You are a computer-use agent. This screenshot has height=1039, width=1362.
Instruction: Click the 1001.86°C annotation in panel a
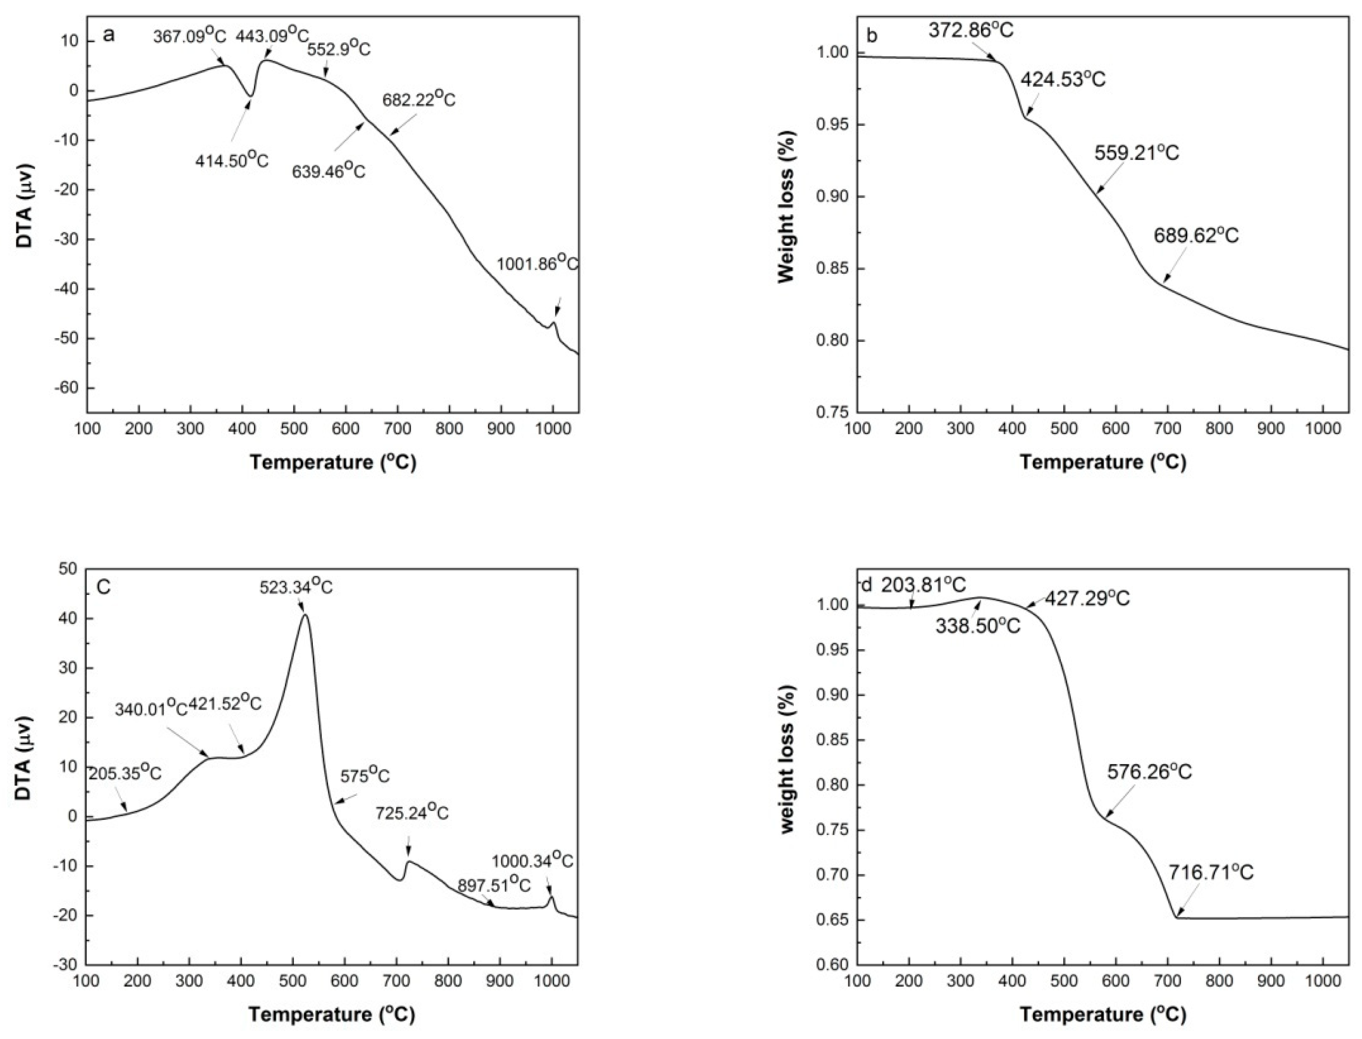point(537,264)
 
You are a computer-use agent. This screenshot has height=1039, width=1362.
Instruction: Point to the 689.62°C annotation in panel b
point(1196,235)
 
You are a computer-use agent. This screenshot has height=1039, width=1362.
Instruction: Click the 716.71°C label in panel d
point(1210,872)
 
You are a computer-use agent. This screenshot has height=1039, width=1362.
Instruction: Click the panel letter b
point(872,36)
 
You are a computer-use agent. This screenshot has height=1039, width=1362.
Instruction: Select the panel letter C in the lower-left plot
point(103,586)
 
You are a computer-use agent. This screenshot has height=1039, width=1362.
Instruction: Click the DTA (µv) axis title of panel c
point(24,757)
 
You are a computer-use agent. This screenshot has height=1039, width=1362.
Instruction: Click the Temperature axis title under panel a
point(332,462)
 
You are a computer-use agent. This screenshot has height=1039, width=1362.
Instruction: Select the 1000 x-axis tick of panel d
point(1322,982)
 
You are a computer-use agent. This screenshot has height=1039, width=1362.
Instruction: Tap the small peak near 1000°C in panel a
point(554,322)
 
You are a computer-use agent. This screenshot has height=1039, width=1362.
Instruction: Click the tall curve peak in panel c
point(304,614)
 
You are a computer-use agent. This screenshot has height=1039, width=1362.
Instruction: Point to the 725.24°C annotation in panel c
point(412,812)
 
